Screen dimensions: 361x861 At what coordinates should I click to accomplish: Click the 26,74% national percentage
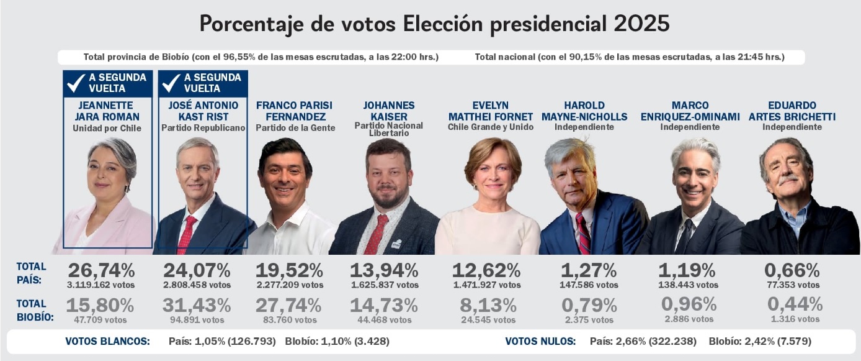coord(101,270)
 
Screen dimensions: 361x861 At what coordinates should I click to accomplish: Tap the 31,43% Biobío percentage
coord(197,305)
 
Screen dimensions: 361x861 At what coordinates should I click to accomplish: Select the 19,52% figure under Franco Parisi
coord(289,270)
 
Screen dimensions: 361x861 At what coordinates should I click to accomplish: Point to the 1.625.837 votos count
coord(384,285)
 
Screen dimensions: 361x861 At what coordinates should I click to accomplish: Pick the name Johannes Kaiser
coord(389,111)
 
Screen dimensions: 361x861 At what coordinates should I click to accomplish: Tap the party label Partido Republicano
coord(203,128)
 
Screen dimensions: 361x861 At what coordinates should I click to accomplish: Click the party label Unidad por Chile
coord(107,128)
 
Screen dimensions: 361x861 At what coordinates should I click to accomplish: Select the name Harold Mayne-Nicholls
coord(584,111)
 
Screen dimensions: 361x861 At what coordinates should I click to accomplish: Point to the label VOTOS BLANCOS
coord(107,341)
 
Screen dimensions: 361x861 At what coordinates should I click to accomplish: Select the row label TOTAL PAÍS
coord(31,273)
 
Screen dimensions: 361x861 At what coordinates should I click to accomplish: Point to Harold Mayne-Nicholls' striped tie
coord(583,233)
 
